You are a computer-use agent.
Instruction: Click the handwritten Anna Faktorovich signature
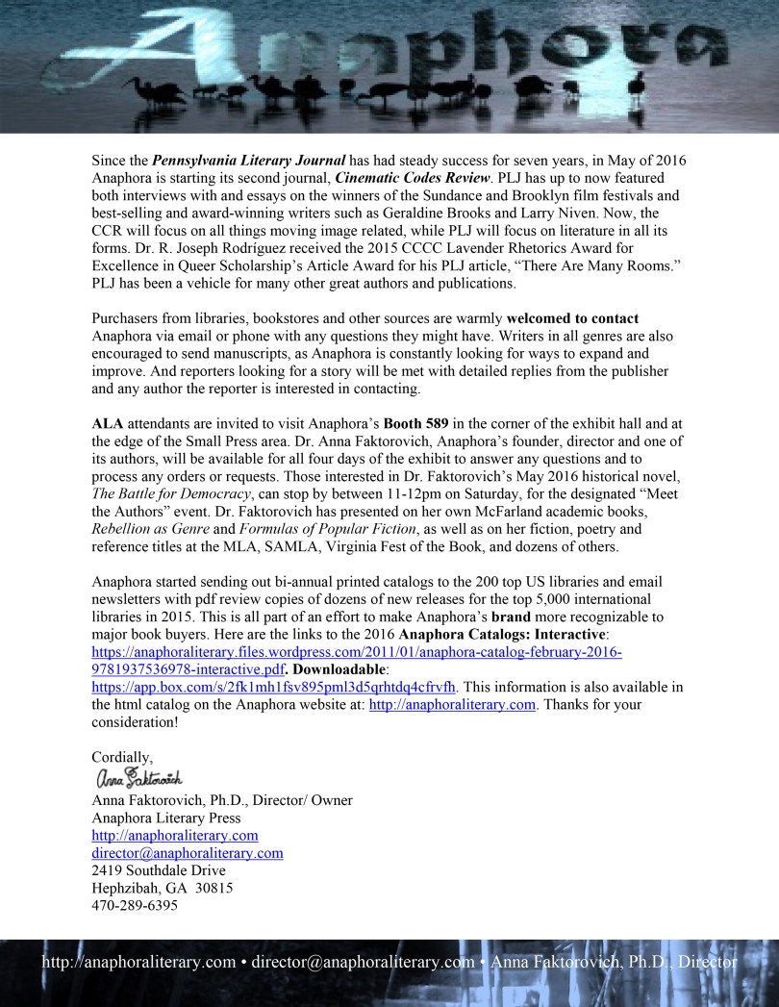(x=138, y=777)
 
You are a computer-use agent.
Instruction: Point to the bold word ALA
(x=108, y=423)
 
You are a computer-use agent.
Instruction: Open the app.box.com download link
(x=274, y=687)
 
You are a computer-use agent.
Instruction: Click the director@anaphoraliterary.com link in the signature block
(x=187, y=853)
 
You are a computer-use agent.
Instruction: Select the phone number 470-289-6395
(x=135, y=905)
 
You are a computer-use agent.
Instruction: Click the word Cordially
(x=122, y=757)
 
